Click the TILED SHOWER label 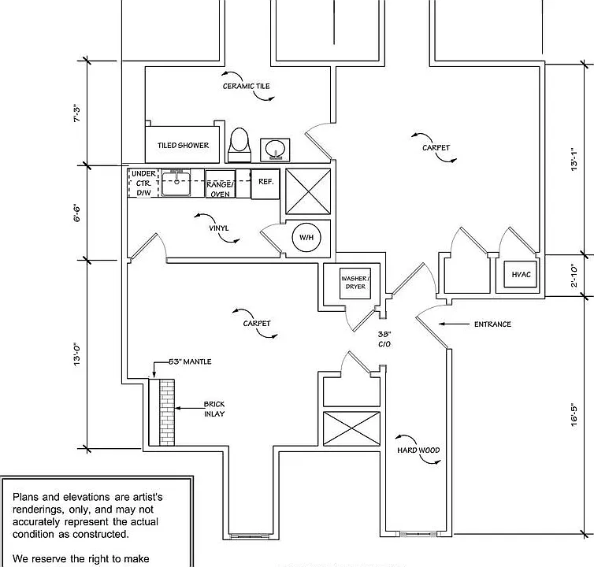(x=183, y=146)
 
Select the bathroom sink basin (x=275, y=150)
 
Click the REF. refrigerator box (x=265, y=183)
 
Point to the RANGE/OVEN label (x=220, y=189)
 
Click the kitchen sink (x=176, y=183)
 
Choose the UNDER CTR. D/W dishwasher (x=143, y=183)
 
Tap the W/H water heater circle (x=306, y=238)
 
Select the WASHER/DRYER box (x=355, y=283)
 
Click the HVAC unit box (x=521, y=275)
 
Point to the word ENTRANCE (x=492, y=324)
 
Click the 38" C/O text (x=384, y=339)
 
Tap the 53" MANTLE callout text (x=190, y=361)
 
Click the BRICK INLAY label (x=214, y=409)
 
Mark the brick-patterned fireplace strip (x=167, y=413)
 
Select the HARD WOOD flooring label (x=418, y=450)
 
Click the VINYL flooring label (x=218, y=228)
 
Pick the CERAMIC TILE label (x=247, y=87)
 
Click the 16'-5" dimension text (x=574, y=415)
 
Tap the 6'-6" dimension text (x=77, y=213)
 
